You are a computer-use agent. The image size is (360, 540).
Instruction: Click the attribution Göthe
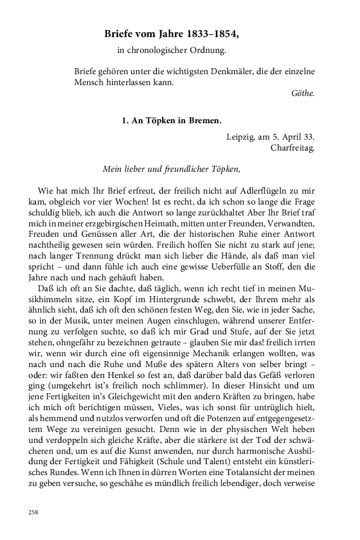tap(304, 93)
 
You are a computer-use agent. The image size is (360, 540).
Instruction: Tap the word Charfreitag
tap(292, 147)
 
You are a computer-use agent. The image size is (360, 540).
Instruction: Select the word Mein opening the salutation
tap(112, 169)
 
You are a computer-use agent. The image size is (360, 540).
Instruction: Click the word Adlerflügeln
tap(280, 191)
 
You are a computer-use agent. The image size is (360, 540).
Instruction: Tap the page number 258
tap(34, 513)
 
